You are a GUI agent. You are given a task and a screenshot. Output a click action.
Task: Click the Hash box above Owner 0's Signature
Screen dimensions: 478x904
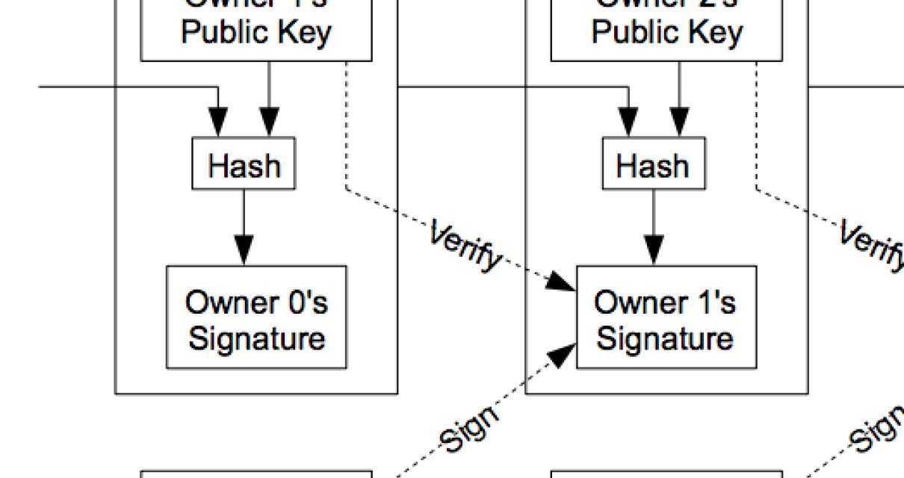point(244,164)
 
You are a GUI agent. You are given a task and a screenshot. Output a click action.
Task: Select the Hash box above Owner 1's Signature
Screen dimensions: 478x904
point(654,164)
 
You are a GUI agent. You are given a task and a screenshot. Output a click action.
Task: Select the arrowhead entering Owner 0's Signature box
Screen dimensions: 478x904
point(244,251)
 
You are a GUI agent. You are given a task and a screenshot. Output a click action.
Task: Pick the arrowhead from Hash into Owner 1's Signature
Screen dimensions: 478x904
point(654,251)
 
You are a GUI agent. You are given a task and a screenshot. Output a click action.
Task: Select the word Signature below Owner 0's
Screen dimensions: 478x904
point(256,338)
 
